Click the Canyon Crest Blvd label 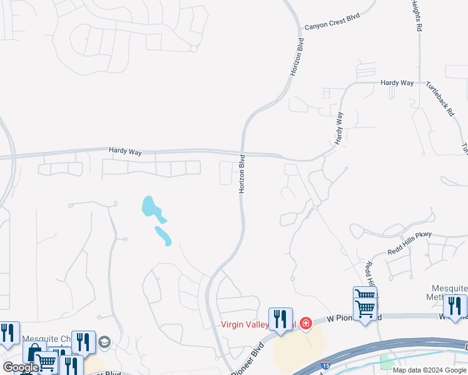coord(333,22)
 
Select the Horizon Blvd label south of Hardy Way coord(242,174)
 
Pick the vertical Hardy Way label coord(339,128)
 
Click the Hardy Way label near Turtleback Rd coord(398,82)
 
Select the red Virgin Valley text coord(248,324)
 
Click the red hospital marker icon coord(305,323)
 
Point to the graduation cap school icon coord(103,342)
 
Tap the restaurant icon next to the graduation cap coord(82,342)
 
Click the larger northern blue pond coord(149,206)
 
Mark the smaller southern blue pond coord(163,236)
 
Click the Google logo coord(20,367)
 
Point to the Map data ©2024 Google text coord(429,370)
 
